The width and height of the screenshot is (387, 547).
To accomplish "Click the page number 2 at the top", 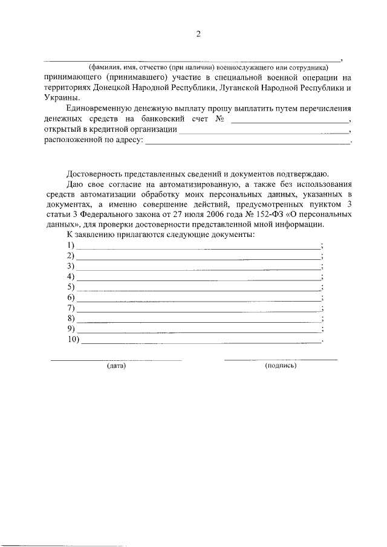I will [x=198, y=34].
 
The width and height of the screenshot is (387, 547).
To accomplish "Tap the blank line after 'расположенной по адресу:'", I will [x=248, y=143].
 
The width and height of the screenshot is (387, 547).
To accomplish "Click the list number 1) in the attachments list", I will [x=71, y=245].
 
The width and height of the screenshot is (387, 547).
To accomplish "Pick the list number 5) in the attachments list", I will [x=71, y=286].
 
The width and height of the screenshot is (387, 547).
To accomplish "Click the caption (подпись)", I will [x=281, y=366].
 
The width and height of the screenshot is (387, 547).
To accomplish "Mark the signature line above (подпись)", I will [x=281, y=360].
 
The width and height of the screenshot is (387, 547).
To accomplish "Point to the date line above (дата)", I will [x=115, y=360].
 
